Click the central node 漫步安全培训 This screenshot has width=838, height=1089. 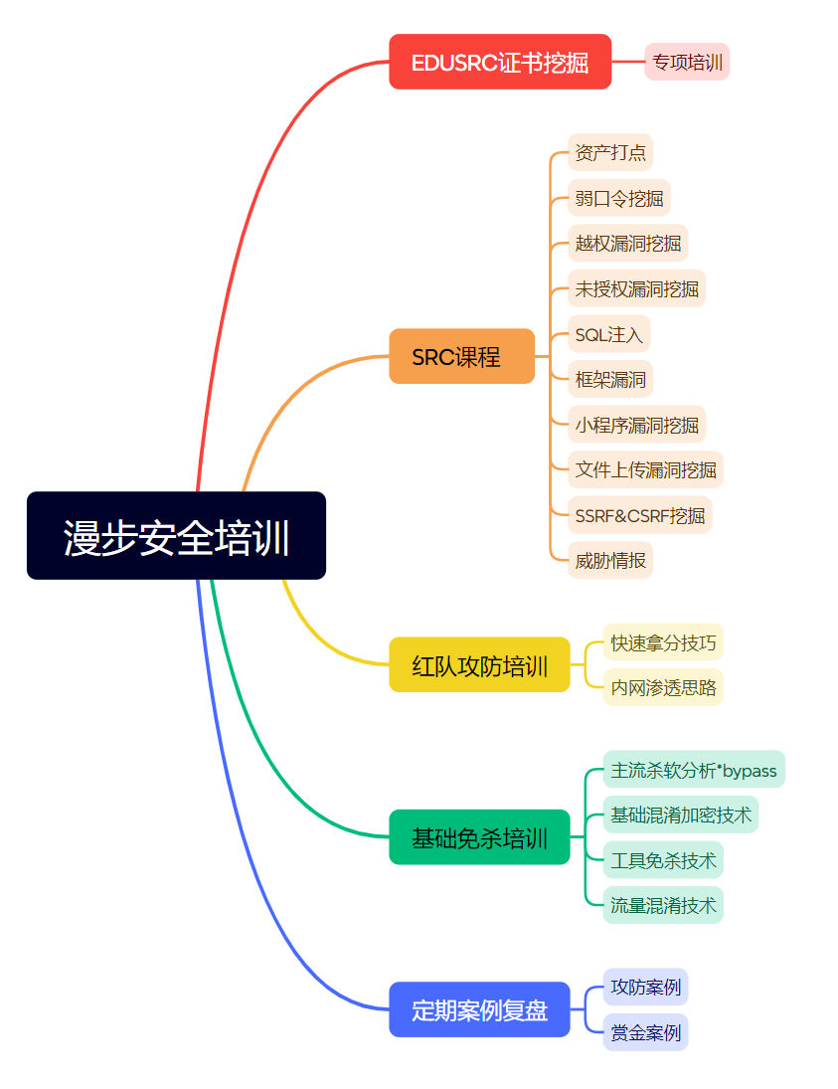coord(176,535)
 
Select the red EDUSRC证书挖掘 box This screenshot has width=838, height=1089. coord(500,62)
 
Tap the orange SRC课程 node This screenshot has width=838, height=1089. coord(461,356)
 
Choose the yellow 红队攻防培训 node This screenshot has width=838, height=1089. coord(479,664)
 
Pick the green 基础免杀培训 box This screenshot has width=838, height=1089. coord(479,837)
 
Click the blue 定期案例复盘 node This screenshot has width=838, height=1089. coord(479,1009)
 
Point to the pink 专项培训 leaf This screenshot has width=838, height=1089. coord(687,62)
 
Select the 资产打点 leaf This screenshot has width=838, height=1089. coord(610,152)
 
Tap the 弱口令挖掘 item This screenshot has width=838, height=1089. coord(619,198)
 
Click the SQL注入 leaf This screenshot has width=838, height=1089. coord(609,334)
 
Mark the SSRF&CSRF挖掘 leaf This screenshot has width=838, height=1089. coord(640,515)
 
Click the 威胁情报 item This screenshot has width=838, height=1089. coord(610,560)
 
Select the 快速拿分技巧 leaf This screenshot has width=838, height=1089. coord(663,641)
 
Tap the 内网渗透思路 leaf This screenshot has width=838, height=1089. coord(663,687)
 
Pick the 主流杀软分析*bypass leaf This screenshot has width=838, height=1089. coord(694,769)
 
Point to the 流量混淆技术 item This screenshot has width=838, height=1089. coord(663,905)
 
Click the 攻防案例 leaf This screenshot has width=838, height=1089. coord(645,987)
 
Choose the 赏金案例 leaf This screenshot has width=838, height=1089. coord(645,1032)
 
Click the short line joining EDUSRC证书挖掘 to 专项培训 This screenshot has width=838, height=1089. coord(628,62)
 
